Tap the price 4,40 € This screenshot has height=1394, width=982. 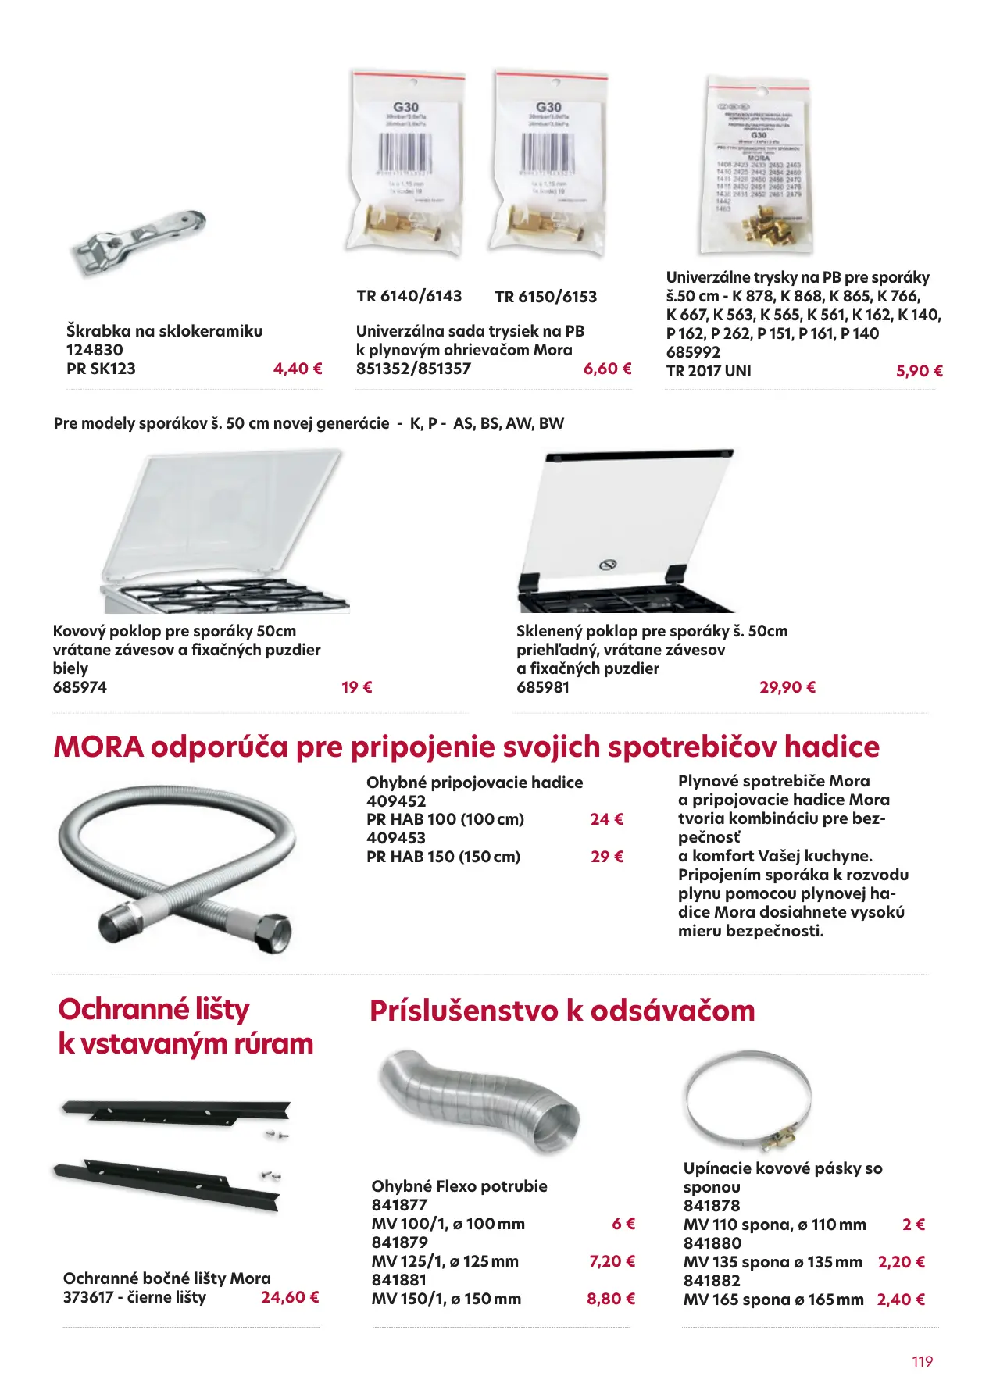(298, 369)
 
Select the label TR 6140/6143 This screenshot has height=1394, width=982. (409, 296)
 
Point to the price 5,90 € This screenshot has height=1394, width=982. (919, 371)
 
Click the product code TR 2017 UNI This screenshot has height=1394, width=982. (709, 371)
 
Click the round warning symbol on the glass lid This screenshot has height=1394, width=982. (607, 564)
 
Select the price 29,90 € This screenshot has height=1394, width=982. (787, 687)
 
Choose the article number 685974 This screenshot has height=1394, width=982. (80, 687)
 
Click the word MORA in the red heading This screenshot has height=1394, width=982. (98, 747)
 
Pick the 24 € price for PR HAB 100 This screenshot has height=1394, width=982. (606, 819)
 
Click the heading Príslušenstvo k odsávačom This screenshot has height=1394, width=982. (562, 1011)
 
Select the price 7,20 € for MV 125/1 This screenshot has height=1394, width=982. (611, 1261)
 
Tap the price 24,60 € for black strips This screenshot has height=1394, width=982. (289, 1297)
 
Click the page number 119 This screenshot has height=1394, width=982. (922, 1361)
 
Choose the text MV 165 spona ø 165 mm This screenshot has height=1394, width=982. (773, 1300)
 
